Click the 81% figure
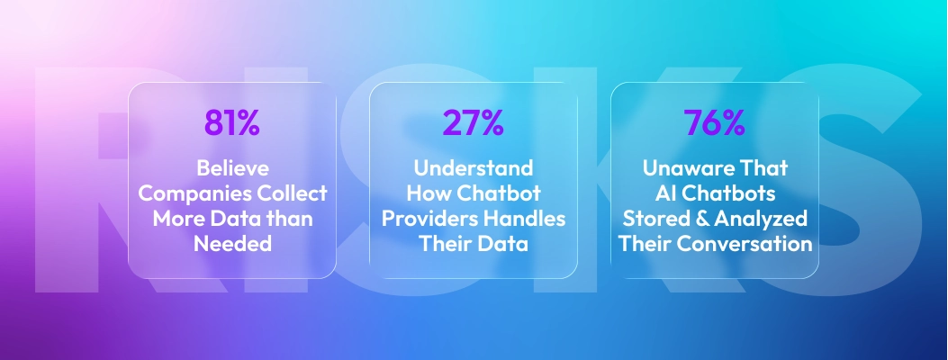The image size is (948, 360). click(x=231, y=122)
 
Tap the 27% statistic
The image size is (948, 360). click(x=473, y=122)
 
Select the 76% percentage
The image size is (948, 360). click(x=714, y=122)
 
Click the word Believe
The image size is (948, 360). click(x=231, y=169)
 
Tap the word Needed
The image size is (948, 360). click(x=231, y=243)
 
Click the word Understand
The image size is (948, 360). click(x=473, y=169)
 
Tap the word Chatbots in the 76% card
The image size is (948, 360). click(x=725, y=194)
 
